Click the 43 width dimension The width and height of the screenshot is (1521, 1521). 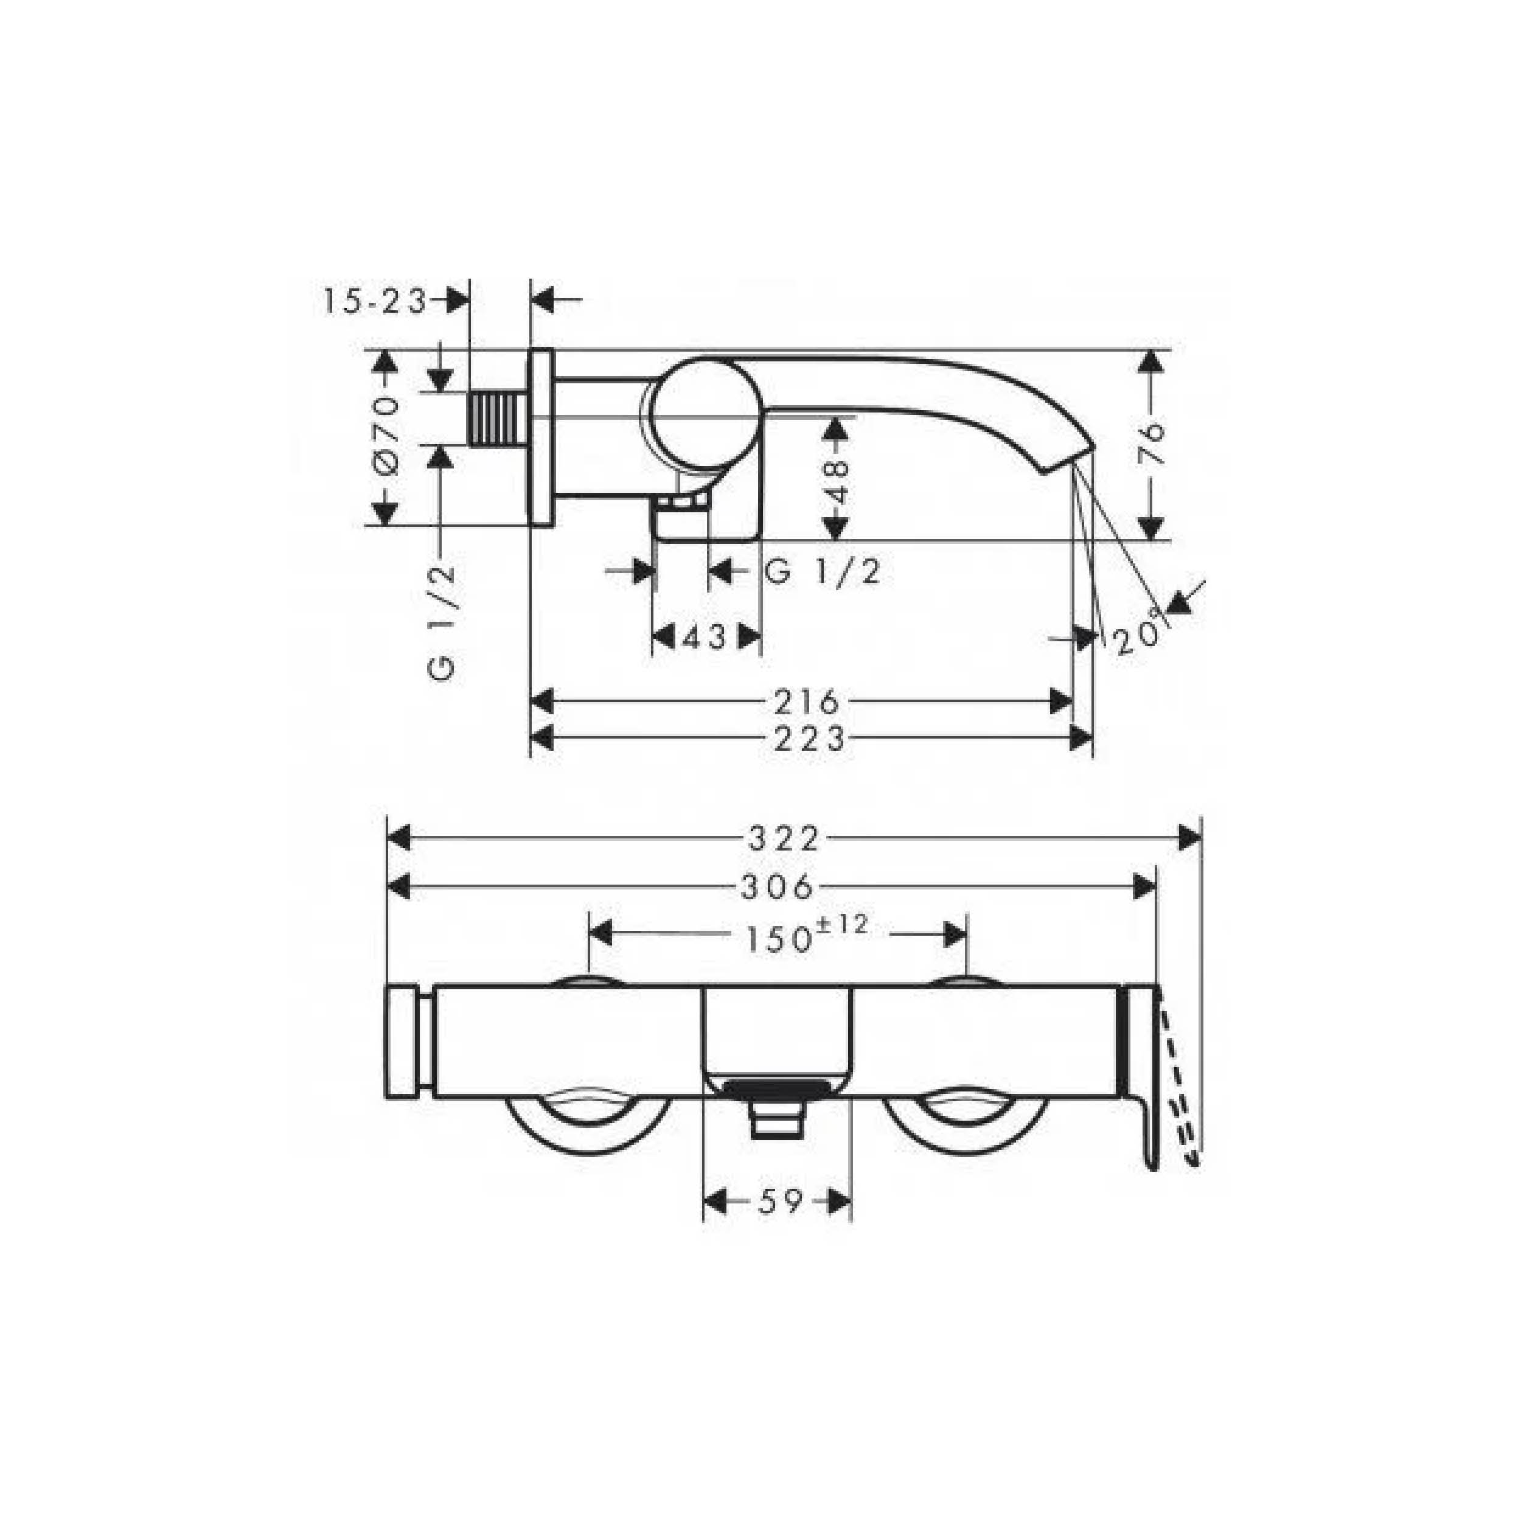click(x=705, y=637)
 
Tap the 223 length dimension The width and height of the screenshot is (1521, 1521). click(x=809, y=739)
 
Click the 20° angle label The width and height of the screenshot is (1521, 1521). click(x=1138, y=632)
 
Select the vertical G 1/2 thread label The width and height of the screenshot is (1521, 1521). click(x=442, y=623)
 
